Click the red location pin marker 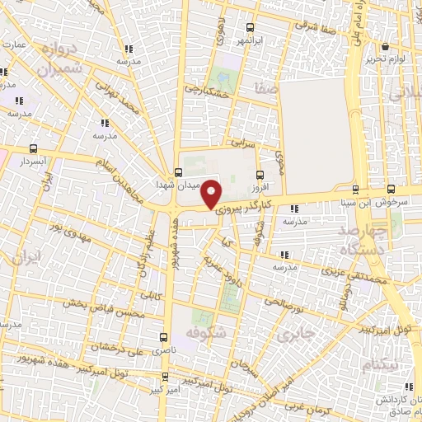coord(212,193)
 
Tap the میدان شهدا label coord(197,185)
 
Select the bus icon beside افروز coord(260,174)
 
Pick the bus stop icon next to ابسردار coord(33,149)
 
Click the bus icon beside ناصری coord(163,337)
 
